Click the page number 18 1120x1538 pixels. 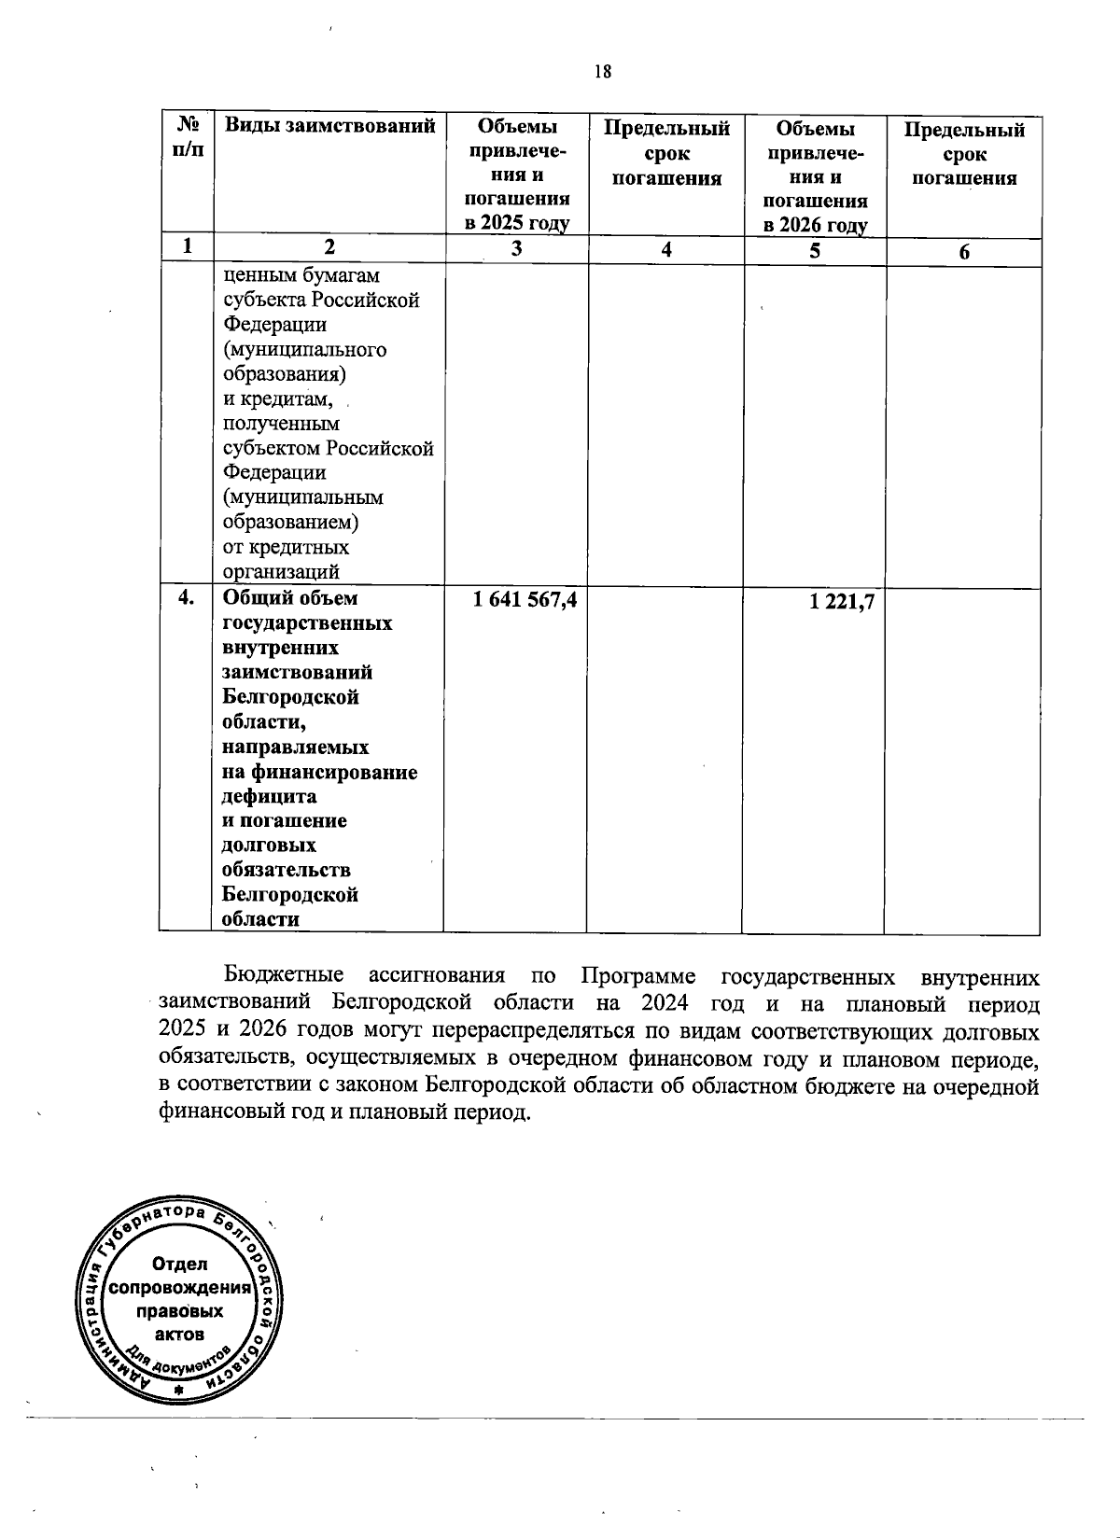602,71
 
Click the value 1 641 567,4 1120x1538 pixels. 525,601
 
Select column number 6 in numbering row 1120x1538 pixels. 964,251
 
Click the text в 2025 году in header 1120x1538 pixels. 518,224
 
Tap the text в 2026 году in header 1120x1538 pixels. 816,225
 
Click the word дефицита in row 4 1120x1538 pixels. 269,797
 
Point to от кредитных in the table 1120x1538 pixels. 286,547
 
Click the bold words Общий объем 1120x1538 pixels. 289,598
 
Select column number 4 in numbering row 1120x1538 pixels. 665,250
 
